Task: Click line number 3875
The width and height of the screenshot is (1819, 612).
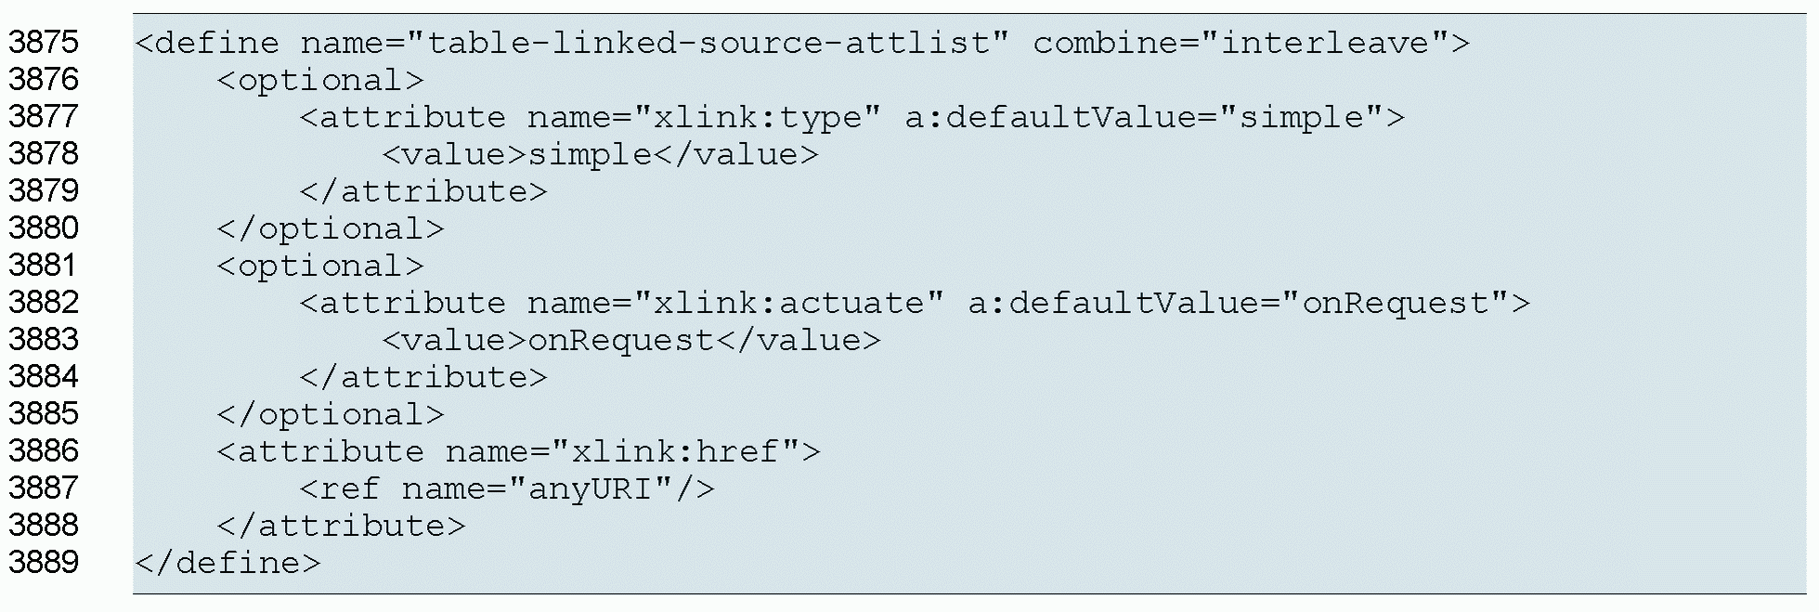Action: [x=44, y=43]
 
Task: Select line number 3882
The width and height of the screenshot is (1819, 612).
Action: [x=44, y=303]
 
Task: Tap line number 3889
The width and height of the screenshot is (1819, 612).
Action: [x=44, y=563]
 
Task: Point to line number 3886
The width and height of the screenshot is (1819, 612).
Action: [x=44, y=451]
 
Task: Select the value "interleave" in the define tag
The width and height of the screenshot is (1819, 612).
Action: [x=1325, y=43]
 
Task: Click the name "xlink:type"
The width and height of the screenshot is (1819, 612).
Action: [x=757, y=117]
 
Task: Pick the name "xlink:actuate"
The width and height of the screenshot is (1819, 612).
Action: [x=788, y=303]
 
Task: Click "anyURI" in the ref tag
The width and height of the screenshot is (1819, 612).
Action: [x=591, y=488]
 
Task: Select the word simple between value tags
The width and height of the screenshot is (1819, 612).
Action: [x=591, y=154]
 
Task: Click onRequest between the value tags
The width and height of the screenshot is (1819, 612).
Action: [x=621, y=340]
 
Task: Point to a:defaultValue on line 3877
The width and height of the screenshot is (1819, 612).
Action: [x=1050, y=117]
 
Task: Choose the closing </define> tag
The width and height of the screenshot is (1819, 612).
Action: [x=228, y=563]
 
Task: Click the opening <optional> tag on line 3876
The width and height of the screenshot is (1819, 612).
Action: [x=320, y=80]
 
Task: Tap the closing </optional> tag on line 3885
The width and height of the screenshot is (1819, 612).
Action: [x=331, y=414]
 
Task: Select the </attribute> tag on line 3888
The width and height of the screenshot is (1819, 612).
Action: [x=341, y=526]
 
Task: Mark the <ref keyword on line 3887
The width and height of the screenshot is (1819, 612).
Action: [x=341, y=488]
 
